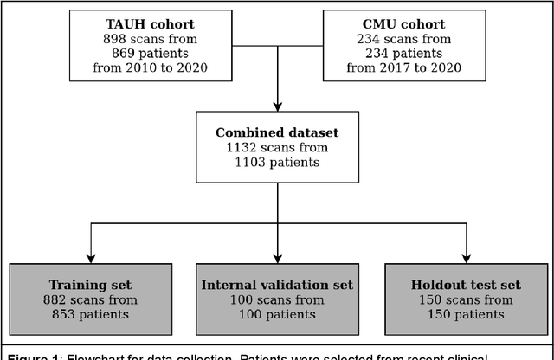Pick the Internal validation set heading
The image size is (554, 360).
tap(277, 285)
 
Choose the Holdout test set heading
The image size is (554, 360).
tap(466, 285)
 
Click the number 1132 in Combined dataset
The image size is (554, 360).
tap(240, 148)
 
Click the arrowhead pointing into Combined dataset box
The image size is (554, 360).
tap(276, 106)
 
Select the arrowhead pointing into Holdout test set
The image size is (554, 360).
tap(466, 260)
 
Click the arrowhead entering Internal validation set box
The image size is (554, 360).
tap(276, 260)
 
